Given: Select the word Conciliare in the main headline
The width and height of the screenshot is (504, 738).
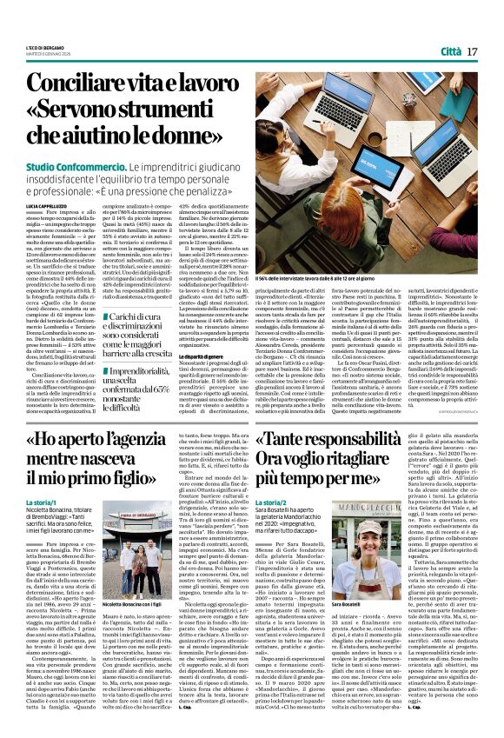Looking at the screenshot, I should click(x=79, y=83).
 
